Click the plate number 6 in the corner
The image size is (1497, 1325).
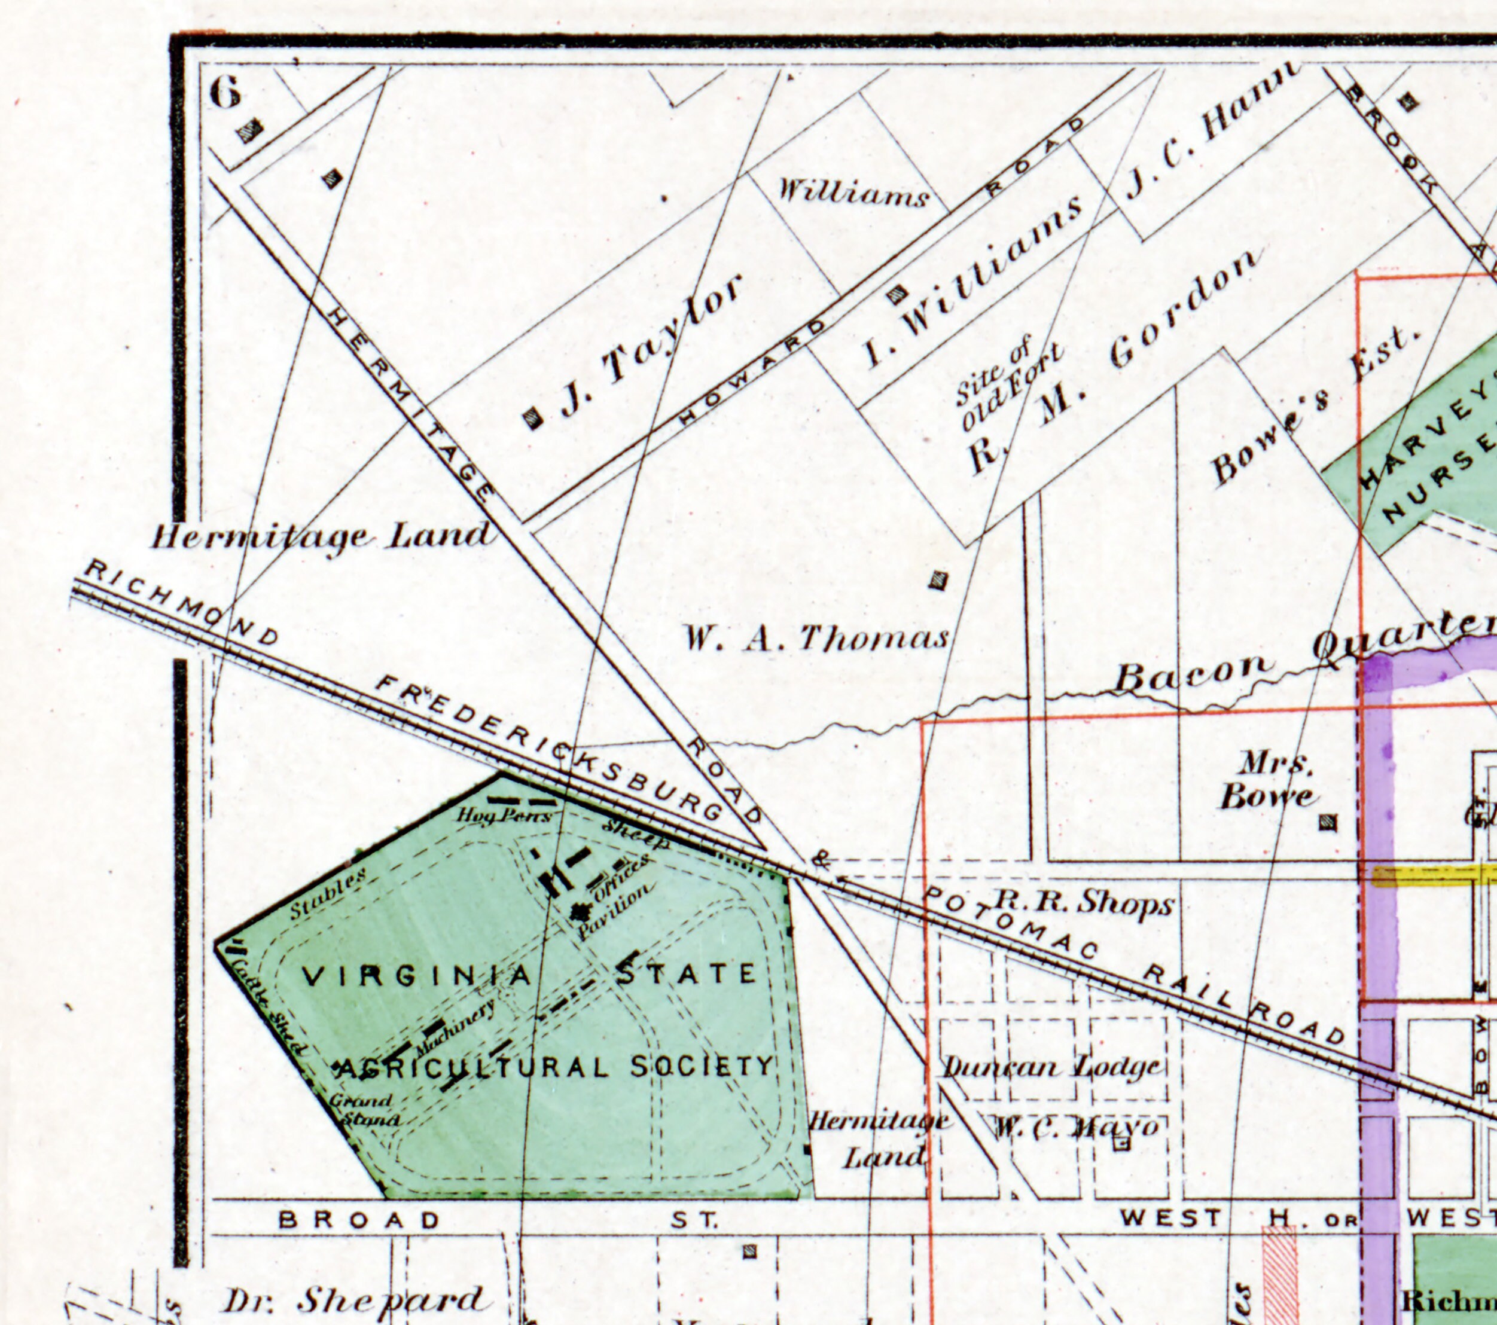pos(225,92)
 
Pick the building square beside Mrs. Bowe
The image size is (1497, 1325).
pos(1327,822)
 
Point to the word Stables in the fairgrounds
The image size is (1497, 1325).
pos(327,894)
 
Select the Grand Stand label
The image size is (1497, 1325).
pos(362,1110)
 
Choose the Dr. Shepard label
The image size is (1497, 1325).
pos(352,1300)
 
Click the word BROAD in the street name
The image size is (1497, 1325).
pos(359,1220)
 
